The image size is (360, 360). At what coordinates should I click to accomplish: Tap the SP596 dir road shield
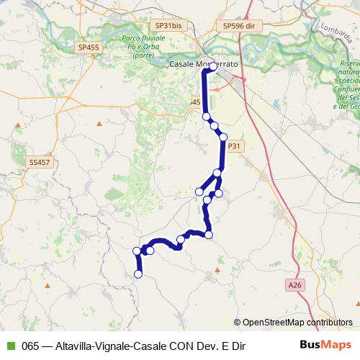240,25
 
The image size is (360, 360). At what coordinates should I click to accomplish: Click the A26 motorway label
294,286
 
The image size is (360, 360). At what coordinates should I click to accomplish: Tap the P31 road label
235,145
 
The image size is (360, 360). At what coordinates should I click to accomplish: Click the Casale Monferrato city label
202,64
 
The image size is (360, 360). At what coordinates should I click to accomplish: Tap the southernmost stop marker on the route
138,274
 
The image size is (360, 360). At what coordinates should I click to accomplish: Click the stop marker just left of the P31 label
223,137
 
